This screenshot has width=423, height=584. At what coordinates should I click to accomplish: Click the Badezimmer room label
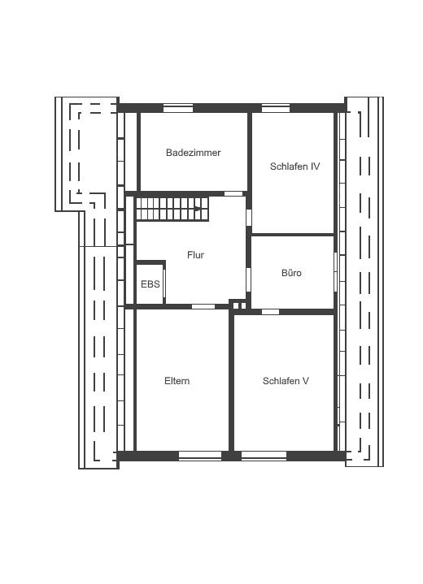(x=194, y=153)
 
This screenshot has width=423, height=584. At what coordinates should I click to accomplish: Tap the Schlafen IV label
(x=294, y=167)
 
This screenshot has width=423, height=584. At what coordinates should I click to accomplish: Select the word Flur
(x=195, y=255)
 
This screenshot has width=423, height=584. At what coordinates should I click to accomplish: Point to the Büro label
(x=291, y=273)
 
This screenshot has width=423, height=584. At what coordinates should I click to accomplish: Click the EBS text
(x=150, y=284)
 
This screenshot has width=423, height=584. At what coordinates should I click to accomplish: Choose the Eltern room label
(x=177, y=381)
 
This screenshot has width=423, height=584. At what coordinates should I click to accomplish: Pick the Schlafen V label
(x=286, y=381)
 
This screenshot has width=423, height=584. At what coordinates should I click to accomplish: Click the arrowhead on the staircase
(x=198, y=209)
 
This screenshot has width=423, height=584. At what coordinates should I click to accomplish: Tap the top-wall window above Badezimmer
(x=178, y=108)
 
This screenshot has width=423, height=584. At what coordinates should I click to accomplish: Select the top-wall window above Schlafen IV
(x=276, y=108)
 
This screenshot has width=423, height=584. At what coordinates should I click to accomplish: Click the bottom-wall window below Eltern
(x=200, y=456)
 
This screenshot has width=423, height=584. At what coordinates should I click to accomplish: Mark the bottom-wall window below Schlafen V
(x=264, y=456)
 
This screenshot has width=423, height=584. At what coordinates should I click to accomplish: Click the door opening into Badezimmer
(x=233, y=193)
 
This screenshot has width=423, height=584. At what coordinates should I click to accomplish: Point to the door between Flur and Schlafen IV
(x=249, y=218)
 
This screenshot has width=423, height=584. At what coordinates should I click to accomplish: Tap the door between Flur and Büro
(x=248, y=279)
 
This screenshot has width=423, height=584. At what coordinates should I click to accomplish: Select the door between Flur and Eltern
(x=203, y=306)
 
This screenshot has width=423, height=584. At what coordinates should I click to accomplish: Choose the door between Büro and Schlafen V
(x=270, y=312)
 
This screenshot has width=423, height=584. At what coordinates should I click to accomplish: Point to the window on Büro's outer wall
(x=335, y=272)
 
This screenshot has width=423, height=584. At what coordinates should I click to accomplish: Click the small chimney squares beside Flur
(x=238, y=305)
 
